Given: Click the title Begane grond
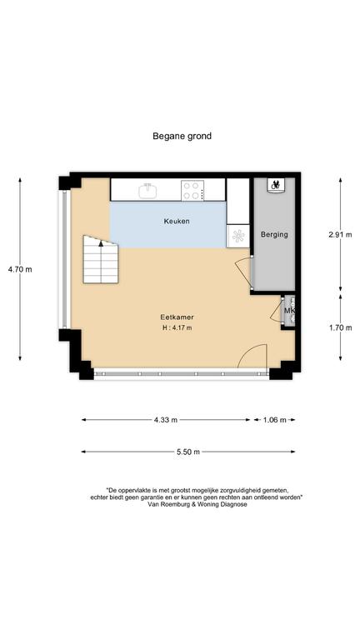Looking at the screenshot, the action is pyautogui.click(x=182, y=136).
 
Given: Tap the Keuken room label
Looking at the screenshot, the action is pyautogui.click(x=177, y=222).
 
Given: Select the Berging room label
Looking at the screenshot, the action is pyautogui.click(x=274, y=234).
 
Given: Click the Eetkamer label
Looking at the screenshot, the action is pyautogui.click(x=177, y=317).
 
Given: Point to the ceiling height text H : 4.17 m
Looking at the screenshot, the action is pyautogui.click(x=177, y=327).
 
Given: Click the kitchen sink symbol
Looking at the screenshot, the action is pyautogui.click(x=147, y=191).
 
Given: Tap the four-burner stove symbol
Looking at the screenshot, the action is pyautogui.click(x=193, y=190).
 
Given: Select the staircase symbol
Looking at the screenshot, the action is pyautogui.click(x=101, y=260).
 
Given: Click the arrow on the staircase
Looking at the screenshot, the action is pyautogui.click(x=101, y=244).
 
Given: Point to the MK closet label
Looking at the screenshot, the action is pyautogui.click(x=289, y=311).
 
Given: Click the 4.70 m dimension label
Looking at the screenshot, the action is pyautogui.click(x=20, y=269).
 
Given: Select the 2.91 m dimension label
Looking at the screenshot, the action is pyautogui.click(x=340, y=235).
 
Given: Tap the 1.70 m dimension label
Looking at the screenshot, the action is pyautogui.click(x=340, y=327).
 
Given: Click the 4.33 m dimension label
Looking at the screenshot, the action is pyautogui.click(x=166, y=420).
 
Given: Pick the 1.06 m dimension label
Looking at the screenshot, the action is pyautogui.click(x=275, y=420).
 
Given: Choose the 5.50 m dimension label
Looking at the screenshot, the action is pyautogui.click(x=188, y=452).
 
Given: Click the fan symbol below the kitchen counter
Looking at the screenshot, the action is pyautogui.click(x=238, y=236).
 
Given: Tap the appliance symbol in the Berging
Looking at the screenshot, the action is pyautogui.click(x=276, y=184).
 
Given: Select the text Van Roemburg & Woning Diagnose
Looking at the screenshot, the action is pyautogui.click(x=197, y=504).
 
